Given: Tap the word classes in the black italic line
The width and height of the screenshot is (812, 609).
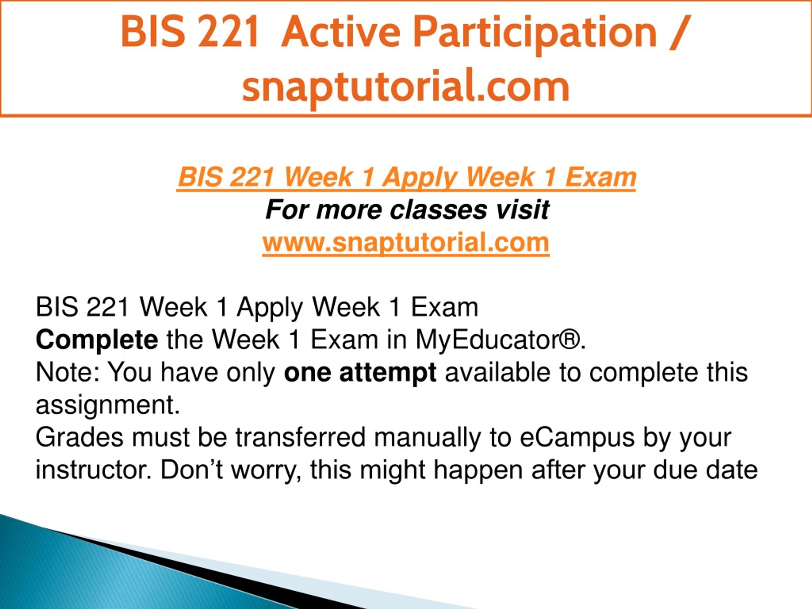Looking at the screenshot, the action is pyautogui.click(x=438, y=210).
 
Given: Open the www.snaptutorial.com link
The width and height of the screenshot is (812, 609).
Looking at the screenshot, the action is pyautogui.click(x=406, y=243).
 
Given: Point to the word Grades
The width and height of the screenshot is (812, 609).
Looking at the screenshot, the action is pyautogui.click(x=79, y=438).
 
